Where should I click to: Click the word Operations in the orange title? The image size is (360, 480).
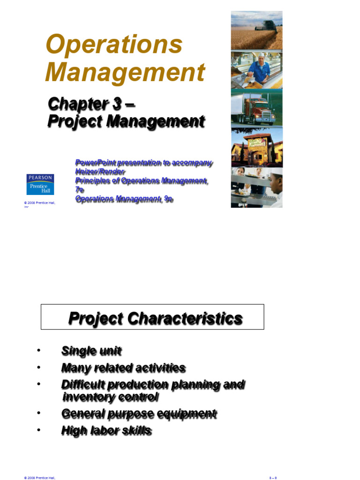(114, 45)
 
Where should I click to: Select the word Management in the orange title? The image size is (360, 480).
(125, 73)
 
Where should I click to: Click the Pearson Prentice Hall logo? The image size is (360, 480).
(40, 184)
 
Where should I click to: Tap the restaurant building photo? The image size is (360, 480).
(256, 147)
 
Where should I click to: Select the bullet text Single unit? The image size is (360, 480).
(91, 351)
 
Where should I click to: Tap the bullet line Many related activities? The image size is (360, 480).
(123, 368)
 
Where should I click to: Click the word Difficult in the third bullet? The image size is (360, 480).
(82, 385)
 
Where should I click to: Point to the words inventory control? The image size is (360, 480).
(111, 397)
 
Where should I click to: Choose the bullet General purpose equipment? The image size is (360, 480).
(139, 414)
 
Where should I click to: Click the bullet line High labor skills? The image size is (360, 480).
(106, 431)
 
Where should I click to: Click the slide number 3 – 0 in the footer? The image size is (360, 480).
(273, 478)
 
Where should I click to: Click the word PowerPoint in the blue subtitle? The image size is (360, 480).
(95, 163)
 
